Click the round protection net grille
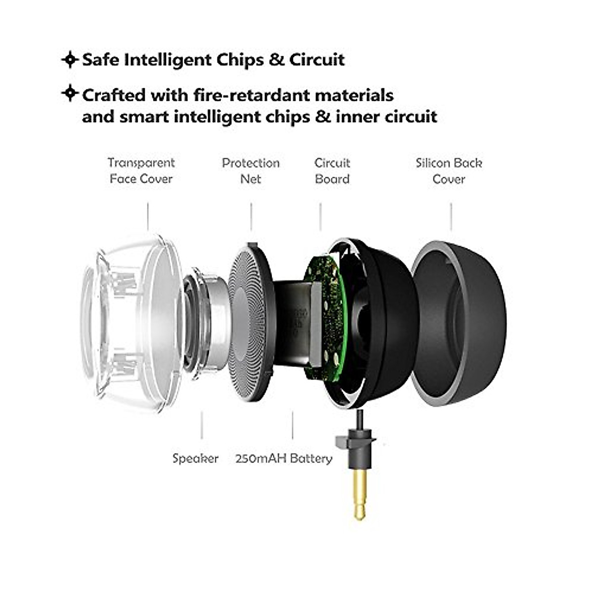[250, 324]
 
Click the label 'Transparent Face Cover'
[141, 170]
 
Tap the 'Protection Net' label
[251, 170]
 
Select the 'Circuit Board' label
[332, 170]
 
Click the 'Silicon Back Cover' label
[449, 170]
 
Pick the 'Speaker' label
[195, 459]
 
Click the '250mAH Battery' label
[284, 459]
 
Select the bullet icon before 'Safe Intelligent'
[70, 60]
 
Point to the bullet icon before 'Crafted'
[70, 93]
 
